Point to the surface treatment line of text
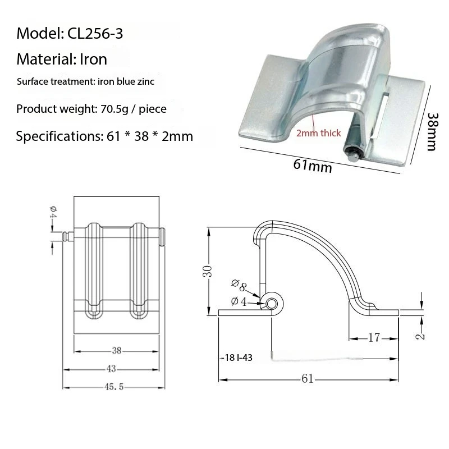(x=85, y=82)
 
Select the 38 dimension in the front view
(x=117, y=351)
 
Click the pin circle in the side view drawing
(x=272, y=304)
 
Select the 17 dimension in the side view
(x=375, y=337)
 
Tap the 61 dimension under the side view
(x=307, y=379)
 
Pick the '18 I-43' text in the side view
(x=232, y=358)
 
